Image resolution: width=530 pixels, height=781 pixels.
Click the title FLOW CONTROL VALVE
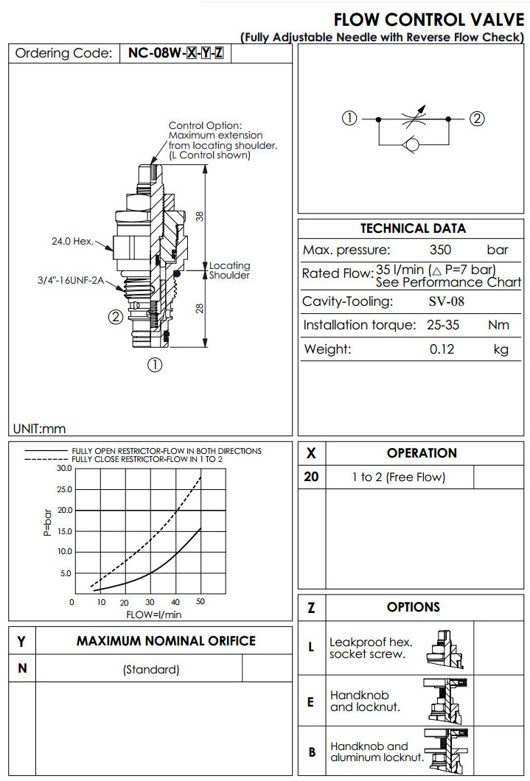tap(429, 20)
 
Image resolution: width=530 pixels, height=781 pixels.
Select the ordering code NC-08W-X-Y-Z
tap(175, 53)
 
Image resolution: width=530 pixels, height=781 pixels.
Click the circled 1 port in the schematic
tap(349, 119)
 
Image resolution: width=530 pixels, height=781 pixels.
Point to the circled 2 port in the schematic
tap(477, 119)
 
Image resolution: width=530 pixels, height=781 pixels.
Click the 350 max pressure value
tap(440, 250)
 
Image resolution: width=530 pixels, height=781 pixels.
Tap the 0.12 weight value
tap(442, 349)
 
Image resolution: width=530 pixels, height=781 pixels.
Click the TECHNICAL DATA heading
tap(413, 228)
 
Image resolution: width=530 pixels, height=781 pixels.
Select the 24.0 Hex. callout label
tap(72, 241)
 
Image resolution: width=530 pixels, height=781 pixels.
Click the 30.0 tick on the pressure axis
tap(63, 468)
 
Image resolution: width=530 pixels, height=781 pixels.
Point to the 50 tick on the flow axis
tap(201, 602)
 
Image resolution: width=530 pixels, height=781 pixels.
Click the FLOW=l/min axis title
tap(153, 614)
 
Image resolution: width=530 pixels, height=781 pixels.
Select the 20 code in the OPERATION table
tap(311, 477)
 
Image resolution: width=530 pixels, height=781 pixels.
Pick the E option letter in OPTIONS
tap(310, 701)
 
